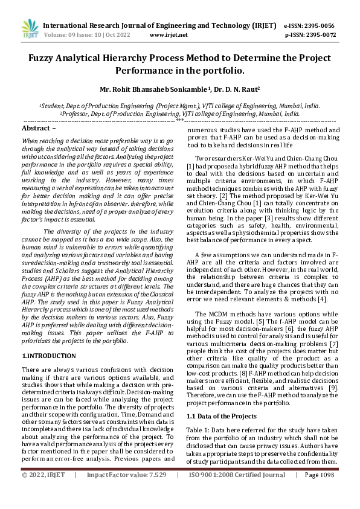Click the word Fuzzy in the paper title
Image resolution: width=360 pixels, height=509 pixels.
click(45, 59)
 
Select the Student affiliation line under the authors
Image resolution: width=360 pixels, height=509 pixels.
click(180, 104)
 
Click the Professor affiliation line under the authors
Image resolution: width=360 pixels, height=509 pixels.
click(180, 113)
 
